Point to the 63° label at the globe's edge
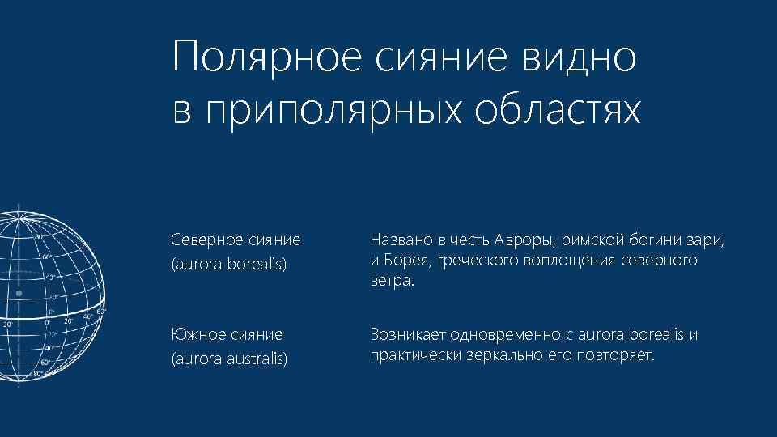pos(101,311)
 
